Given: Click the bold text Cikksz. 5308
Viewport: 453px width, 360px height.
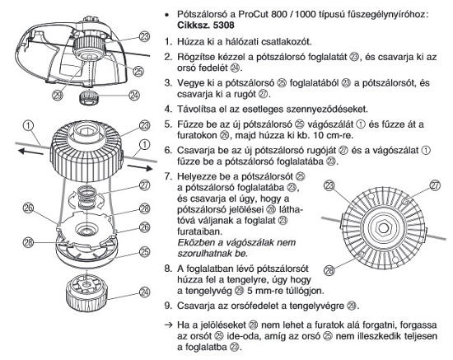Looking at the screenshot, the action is click(206, 26).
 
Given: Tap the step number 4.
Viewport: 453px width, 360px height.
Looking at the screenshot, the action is click(167, 110).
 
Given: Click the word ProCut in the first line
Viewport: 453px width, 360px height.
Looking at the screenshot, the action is click(253, 14).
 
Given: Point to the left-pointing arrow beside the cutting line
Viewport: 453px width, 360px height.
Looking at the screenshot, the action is click(30, 152).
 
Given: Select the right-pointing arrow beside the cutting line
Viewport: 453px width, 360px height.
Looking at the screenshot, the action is click(140, 167).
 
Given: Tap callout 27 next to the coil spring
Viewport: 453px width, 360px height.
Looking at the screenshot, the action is click(144, 185).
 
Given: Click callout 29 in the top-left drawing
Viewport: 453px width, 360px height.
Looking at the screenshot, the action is click(58, 95).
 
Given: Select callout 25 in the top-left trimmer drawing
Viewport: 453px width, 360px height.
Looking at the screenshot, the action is click(138, 72).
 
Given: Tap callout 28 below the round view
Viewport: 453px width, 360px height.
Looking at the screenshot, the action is click(329, 271).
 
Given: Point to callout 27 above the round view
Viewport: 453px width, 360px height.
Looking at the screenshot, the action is click(435, 185).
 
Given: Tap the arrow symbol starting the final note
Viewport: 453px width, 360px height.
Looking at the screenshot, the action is click(168, 325).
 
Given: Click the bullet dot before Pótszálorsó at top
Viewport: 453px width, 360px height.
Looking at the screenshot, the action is click(166, 15).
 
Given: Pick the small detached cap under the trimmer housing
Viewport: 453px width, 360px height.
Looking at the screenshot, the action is click(89, 97).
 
